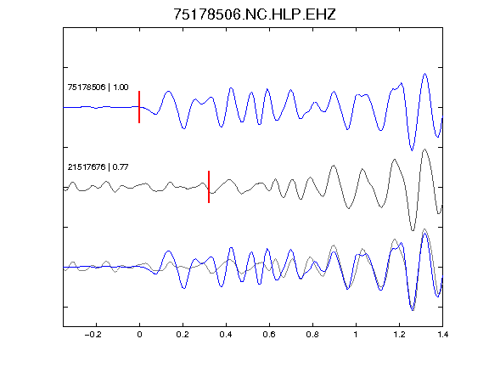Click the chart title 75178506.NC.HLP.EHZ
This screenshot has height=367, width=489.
point(254,14)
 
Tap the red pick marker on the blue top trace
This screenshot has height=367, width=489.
point(139,107)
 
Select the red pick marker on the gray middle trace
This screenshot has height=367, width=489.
point(209,187)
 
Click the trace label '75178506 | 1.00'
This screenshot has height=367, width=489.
point(98,87)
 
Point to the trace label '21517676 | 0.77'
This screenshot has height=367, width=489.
point(98,167)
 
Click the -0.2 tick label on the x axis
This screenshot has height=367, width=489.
point(93,335)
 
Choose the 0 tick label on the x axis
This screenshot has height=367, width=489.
point(139,335)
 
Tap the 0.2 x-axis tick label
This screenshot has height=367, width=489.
point(183,335)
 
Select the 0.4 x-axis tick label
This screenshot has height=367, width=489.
point(226,335)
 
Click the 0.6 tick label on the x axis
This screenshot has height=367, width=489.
point(269,335)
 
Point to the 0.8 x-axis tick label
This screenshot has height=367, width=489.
point(312,335)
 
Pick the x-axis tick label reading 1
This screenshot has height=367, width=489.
point(356,335)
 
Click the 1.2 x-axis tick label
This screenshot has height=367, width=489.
point(399,335)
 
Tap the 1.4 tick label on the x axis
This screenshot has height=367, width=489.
point(442,335)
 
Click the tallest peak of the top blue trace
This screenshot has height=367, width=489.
point(424,74)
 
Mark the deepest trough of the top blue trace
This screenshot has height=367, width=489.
point(412,150)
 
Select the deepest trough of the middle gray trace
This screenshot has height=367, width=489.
point(413,230)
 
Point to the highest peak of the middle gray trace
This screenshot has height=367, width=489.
point(424,150)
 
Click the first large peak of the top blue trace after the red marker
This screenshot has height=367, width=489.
point(168,92)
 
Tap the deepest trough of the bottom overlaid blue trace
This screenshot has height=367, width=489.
point(413,310)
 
